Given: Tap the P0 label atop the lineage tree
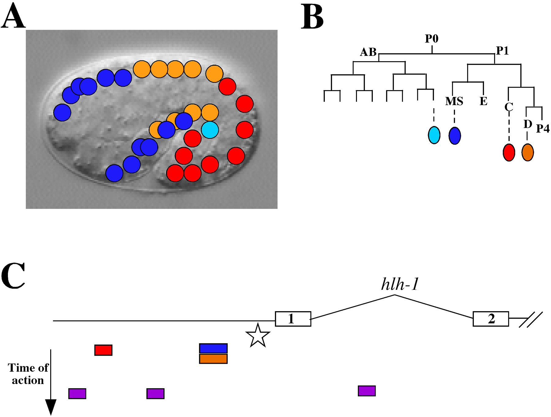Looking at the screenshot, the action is tap(432, 39).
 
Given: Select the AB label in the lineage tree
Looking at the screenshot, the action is tap(368, 52).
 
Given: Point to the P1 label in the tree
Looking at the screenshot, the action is tap(502, 51).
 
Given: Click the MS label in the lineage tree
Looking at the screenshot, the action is tap(454, 101).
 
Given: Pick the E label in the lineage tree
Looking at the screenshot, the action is tap(484, 101).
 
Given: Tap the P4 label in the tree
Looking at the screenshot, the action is tap(543, 129).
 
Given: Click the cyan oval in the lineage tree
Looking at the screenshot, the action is tap(434, 135).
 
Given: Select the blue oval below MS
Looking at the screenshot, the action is tap(455, 135).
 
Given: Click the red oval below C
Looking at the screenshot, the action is tap(509, 152).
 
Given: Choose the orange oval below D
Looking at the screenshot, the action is tap(528, 152).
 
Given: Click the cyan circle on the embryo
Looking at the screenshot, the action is tap(210, 130).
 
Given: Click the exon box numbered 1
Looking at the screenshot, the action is tap(293, 319).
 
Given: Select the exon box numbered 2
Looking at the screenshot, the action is tap(491, 319).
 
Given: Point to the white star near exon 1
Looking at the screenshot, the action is tap(258, 336).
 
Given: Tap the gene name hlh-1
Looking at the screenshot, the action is tap(400, 284).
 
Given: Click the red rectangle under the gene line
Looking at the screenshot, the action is tap(103, 350).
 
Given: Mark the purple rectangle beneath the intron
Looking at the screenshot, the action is tap(367, 391).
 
